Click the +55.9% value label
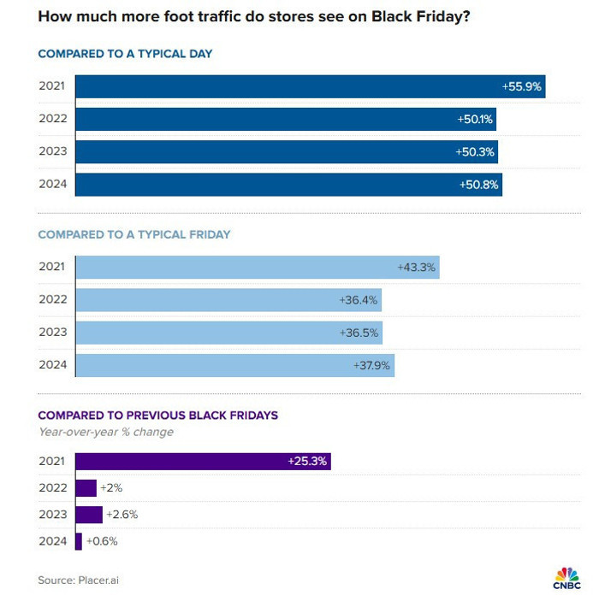pos(520,86)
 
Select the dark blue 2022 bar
pos(286,120)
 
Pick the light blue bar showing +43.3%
pos(257,268)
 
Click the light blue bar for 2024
pos(234,365)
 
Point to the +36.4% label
pos(359,300)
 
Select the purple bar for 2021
pos(203,462)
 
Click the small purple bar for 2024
pos(79,541)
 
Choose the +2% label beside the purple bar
pos(112,488)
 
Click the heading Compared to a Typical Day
pos(125,54)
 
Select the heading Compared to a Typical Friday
pos(134,234)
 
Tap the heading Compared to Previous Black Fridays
pos(157,415)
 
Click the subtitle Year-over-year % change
pos(105,432)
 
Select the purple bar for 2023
pos(89,515)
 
